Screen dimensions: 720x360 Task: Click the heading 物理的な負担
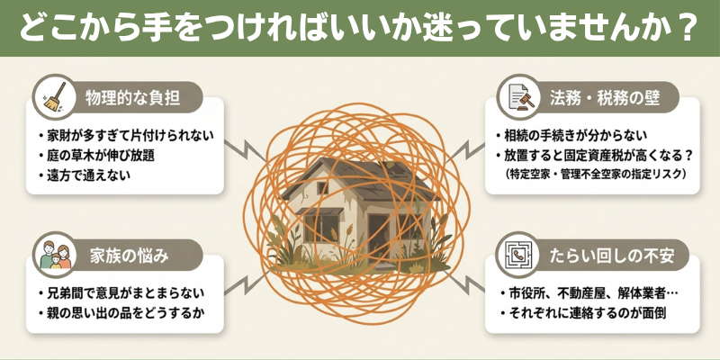[132, 99]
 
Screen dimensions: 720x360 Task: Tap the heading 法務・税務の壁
[605, 99]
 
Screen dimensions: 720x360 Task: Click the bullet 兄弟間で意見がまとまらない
[121, 292]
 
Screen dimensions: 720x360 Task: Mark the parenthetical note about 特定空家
[595, 175]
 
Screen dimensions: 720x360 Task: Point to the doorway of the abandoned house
[378, 238]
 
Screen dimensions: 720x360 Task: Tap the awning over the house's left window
[319, 211]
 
